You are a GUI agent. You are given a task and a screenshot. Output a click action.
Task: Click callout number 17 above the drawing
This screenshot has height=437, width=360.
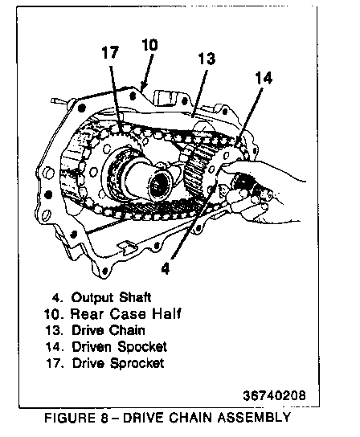[110, 52]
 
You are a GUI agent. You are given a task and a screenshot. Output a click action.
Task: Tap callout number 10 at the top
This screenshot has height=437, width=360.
[149, 45]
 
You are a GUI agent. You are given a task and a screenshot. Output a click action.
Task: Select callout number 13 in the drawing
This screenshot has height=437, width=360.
[207, 59]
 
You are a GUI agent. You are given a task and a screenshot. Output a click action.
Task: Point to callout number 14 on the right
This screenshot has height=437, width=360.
[264, 78]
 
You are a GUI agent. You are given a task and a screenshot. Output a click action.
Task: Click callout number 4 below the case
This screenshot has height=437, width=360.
[165, 268]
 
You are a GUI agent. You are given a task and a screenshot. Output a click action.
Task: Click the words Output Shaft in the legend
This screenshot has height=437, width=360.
[111, 297]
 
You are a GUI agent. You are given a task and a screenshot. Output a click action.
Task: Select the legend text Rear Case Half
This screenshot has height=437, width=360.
[126, 313]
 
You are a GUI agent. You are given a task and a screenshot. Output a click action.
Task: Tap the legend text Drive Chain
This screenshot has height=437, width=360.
[108, 330]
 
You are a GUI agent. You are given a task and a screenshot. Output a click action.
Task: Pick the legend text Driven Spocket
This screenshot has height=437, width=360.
[120, 347]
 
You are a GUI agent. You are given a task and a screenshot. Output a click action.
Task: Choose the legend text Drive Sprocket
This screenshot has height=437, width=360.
[118, 363]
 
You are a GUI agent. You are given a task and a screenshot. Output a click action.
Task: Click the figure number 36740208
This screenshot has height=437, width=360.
[274, 395]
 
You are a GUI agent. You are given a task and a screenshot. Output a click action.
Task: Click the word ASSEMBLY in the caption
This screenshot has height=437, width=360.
[254, 417]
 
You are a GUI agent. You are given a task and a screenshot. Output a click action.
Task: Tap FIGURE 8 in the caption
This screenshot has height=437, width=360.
[76, 418]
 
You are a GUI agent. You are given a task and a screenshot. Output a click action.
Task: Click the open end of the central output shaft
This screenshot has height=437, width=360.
[160, 186]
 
